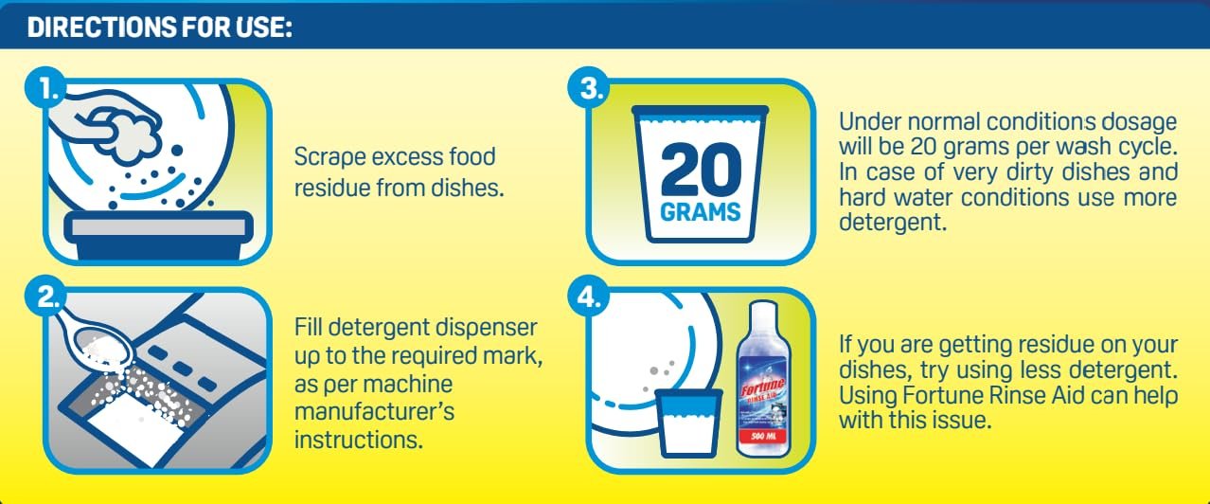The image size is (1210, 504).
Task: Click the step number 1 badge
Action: (45, 87)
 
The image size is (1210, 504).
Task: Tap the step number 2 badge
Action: (45, 296)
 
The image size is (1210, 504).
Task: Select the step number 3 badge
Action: (589, 87)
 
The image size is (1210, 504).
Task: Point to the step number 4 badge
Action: (589, 296)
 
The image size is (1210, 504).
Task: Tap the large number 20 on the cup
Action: (701, 170)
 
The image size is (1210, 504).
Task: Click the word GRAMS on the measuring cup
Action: (700, 212)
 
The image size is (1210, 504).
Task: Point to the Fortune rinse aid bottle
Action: (764, 379)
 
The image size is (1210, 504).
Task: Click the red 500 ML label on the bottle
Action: (764, 436)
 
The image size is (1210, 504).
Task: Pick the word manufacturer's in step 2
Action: (374, 411)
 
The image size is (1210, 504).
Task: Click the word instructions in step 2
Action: (358, 440)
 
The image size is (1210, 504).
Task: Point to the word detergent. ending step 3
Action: (893, 223)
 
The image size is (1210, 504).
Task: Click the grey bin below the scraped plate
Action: (158, 235)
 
